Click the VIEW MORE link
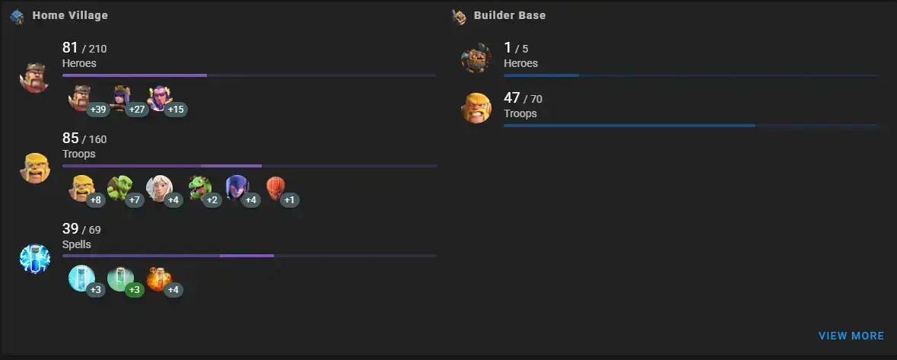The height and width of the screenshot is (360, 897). (851, 336)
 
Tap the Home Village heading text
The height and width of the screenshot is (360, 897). (70, 15)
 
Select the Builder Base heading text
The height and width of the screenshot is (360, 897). (510, 15)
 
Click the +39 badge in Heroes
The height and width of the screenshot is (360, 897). (98, 110)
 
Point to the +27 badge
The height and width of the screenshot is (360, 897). (137, 110)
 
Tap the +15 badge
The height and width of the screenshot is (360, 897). (176, 110)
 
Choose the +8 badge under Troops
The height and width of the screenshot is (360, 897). (96, 199)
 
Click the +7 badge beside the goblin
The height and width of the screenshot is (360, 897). (135, 199)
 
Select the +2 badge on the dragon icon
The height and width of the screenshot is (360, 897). (212, 199)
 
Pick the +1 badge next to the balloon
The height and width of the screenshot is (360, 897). (289, 199)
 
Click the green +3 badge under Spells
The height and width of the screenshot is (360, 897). (135, 290)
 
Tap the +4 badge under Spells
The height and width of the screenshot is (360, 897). (173, 290)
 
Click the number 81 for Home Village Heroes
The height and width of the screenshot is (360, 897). (70, 48)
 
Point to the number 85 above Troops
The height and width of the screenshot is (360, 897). (70, 139)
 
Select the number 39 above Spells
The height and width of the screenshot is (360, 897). (70, 229)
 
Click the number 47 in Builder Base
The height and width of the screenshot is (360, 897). (512, 98)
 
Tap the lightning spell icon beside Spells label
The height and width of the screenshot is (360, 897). (35, 259)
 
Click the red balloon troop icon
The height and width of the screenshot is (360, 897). (275, 187)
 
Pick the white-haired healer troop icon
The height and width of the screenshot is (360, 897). (159, 188)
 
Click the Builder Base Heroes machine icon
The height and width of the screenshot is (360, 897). (476, 58)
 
